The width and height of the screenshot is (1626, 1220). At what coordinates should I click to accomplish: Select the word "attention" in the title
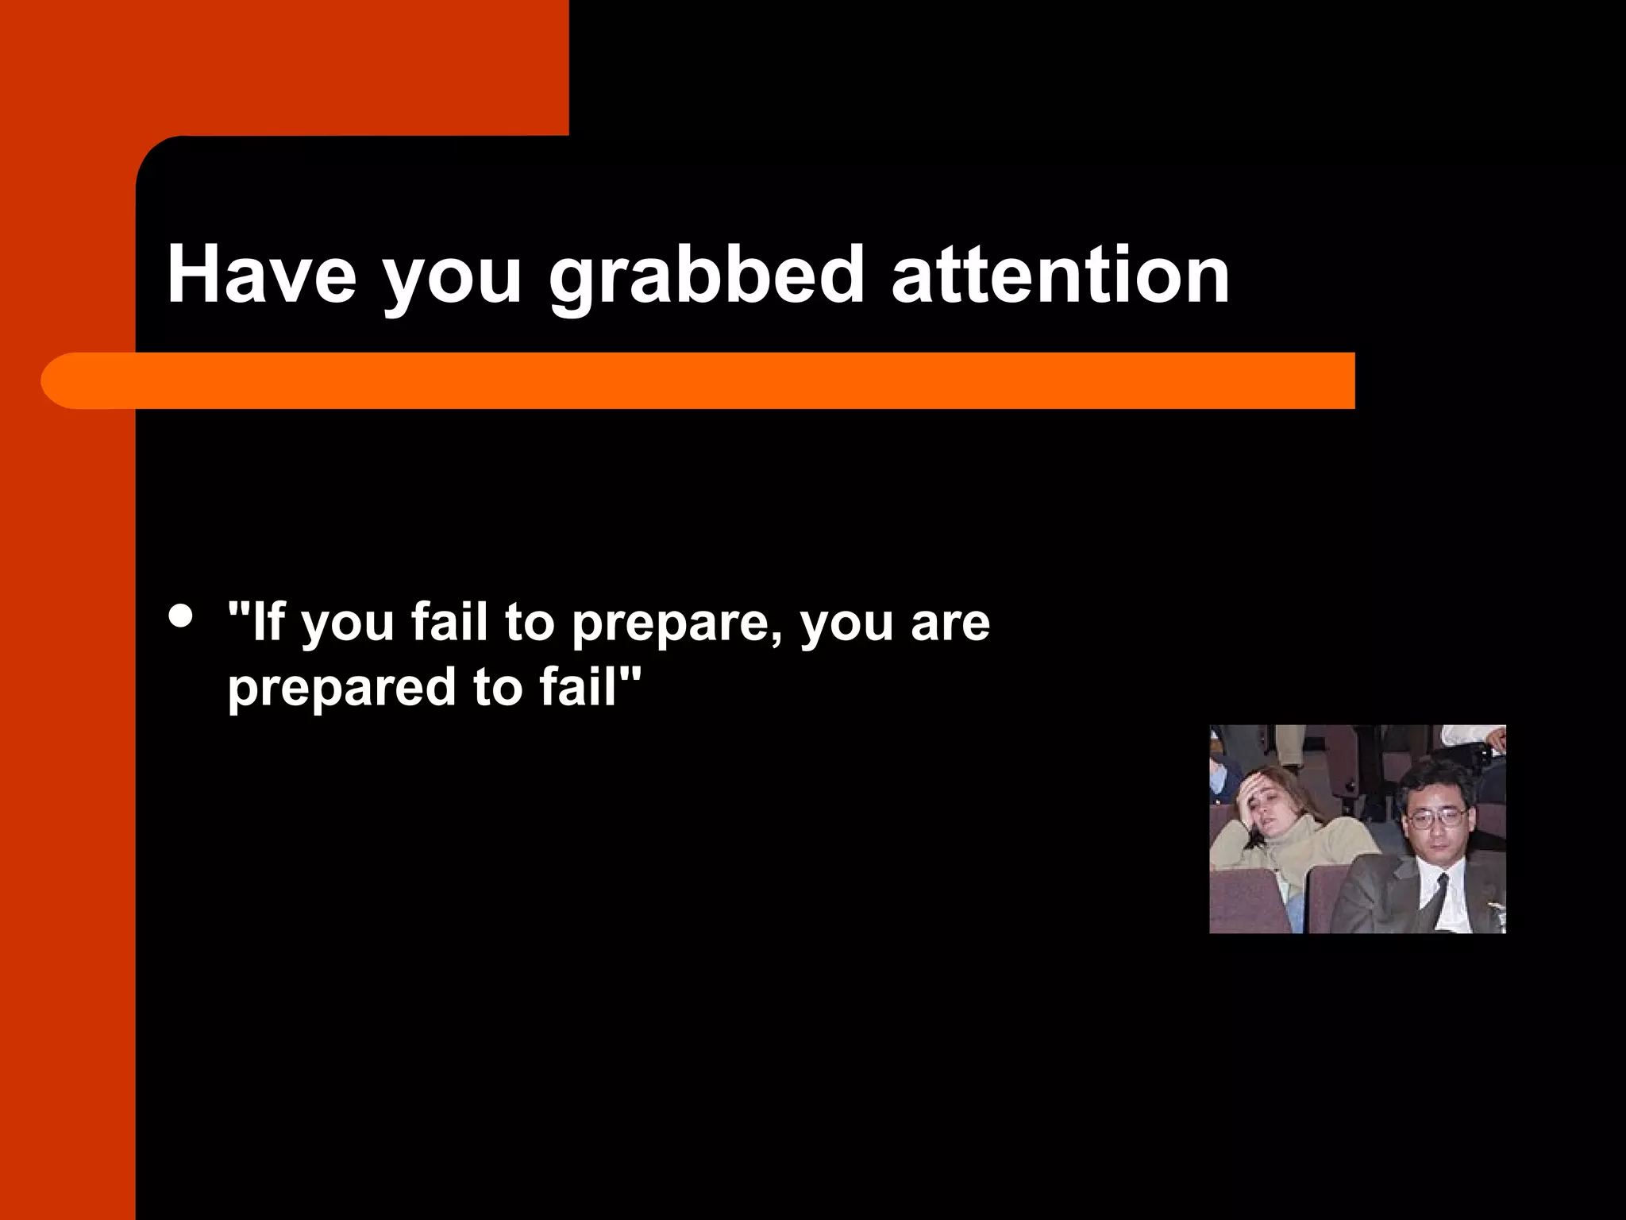click(x=1061, y=275)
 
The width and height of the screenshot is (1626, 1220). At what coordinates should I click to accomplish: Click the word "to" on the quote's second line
click(x=497, y=688)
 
